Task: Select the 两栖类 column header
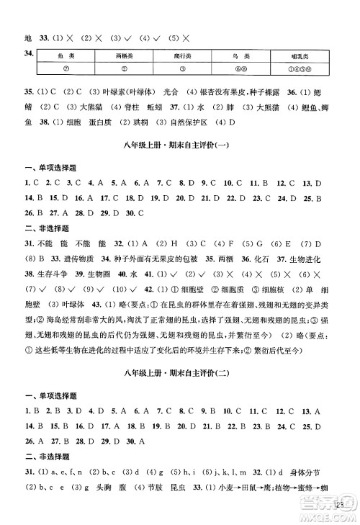pyautogui.click(x=125, y=54)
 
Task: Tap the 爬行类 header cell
pyautogui.click(x=183, y=54)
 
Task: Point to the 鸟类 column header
pyautogui.click(x=242, y=54)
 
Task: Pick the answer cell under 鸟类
pyautogui.click(x=242, y=68)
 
